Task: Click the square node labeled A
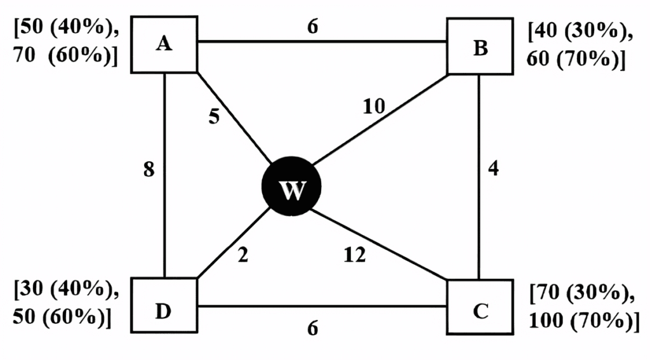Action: point(164,44)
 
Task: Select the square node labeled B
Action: point(480,46)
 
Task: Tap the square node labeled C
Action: point(480,307)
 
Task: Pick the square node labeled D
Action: point(164,305)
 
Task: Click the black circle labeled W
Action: point(291,186)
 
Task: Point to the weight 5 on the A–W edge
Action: point(214,116)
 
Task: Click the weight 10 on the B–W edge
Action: point(374,106)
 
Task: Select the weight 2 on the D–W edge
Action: point(243,254)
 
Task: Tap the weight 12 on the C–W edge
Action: point(355,254)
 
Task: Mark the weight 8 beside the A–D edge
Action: point(149,170)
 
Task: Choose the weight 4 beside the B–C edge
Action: point(493,168)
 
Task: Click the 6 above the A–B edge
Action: point(312,27)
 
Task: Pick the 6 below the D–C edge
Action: point(312,328)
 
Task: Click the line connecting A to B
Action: point(322,41)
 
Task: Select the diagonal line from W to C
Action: point(378,244)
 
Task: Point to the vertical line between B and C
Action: point(479,177)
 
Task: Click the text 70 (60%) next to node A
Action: point(63,55)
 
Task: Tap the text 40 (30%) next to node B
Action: point(580,32)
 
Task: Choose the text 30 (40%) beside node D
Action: point(66,289)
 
